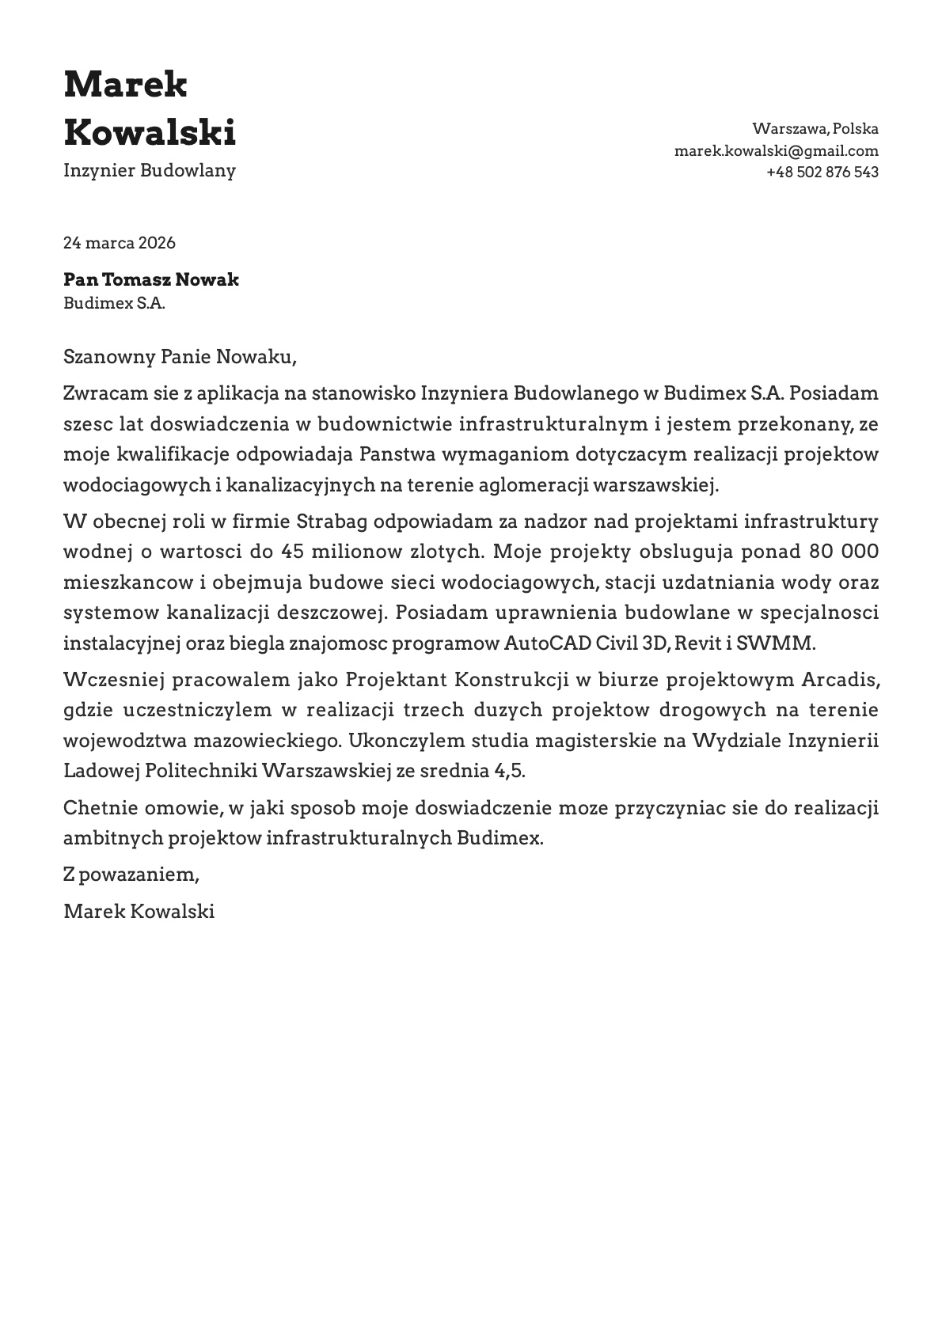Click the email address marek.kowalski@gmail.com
776,150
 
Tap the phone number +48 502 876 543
822,172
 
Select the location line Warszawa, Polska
815,128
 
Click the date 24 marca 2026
120,243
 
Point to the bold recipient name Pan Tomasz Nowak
150,279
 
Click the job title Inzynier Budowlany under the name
150,170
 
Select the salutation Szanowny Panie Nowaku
180,357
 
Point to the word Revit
698,643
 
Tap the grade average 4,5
510,770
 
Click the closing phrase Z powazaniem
131,875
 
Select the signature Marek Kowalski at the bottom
139,911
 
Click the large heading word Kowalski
150,131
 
